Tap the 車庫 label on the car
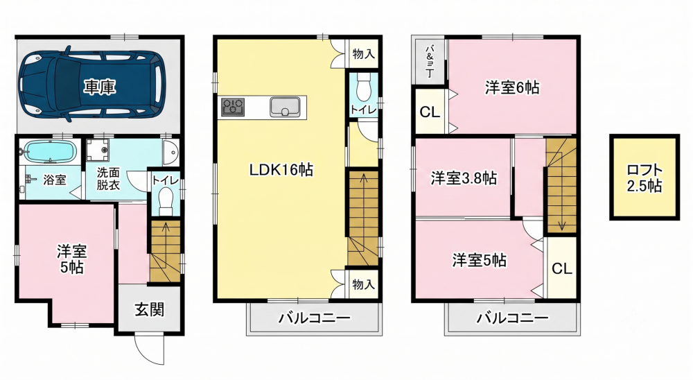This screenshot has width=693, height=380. point(100,87)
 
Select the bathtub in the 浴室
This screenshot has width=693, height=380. point(51,151)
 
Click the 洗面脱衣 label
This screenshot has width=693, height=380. point(108,178)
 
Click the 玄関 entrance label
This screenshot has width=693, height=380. point(150,309)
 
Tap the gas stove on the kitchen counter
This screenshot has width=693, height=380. point(232,107)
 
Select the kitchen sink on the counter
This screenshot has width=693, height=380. point(286,107)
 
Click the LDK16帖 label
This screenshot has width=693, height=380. point(281,169)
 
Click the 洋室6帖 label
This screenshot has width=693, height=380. point(512,87)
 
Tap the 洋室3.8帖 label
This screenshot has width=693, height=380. point(464,178)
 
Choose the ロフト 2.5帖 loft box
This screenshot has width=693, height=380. point(644,178)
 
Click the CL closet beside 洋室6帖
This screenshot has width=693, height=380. point(430,112)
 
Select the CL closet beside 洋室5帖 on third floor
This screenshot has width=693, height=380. point(562,268)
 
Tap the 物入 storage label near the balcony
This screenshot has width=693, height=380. point(364,284)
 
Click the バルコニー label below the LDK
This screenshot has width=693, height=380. point(314,318)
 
